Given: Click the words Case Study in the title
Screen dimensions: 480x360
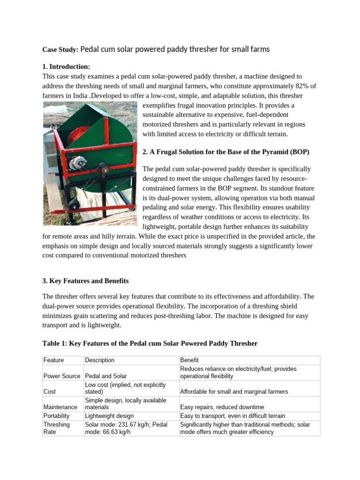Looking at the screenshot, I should pos(61,49).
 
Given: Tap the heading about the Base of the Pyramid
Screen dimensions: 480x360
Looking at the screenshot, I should pos(225,152).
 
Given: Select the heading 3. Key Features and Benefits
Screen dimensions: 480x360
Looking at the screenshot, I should pos(85,281).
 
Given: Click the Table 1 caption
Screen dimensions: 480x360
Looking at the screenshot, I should pos(150,343).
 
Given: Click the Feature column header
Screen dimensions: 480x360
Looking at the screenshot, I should pos(53,360).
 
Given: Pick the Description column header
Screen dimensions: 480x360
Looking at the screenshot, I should pos(100,360).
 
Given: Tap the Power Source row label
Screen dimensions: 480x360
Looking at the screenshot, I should pos(62,376).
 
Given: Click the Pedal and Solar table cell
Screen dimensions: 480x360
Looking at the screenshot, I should pos(106,376).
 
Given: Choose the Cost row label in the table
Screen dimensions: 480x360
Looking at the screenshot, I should pos(50,391).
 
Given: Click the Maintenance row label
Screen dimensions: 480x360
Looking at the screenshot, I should pos(60,407).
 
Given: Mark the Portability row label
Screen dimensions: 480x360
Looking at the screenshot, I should pos(56,416).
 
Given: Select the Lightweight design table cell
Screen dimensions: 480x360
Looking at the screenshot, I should pos(109,416).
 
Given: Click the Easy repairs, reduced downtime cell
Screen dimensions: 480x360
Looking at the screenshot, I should pos(222,407).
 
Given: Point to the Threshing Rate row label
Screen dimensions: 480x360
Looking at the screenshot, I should pos(56,428).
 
